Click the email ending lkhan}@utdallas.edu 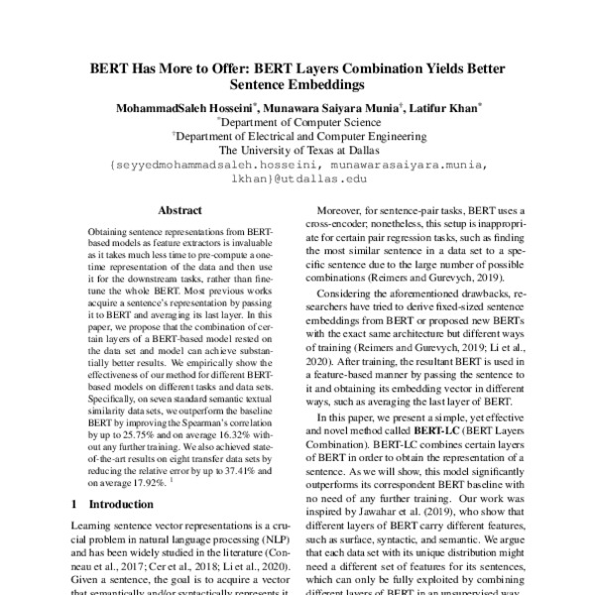point(297,179)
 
